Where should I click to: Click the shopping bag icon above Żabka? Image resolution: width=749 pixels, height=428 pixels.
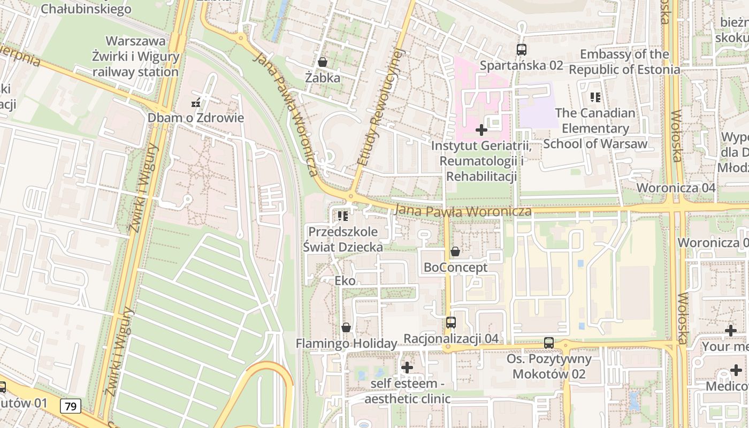[x=323, y=62]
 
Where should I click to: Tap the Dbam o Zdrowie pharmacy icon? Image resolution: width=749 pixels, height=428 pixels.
[x=196, y=103]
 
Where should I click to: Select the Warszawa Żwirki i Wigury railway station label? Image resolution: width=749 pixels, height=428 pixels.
[x=135, y=57]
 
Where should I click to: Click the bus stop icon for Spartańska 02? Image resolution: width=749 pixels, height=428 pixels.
[x=521, y=50]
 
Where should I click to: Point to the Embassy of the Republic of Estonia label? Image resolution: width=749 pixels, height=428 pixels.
[x=624, y=62]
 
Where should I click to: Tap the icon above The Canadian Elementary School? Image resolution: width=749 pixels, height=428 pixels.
[x=595, y=97]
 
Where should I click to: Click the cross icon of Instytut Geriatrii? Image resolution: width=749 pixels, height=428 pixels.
[x=481, y=130]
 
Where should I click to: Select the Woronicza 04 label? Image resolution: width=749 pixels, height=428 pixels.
[x=676, y=188]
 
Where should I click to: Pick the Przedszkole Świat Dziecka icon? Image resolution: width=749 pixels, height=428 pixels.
[x=343, y=216]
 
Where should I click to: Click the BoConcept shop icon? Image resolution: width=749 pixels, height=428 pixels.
[x=455, y=251]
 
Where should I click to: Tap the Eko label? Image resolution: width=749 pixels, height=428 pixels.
[x=345, y=281]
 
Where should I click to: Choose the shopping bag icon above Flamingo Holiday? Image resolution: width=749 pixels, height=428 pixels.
[x=346, y=327]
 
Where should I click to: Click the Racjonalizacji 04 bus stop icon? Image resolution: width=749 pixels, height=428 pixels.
[x=451, y=323]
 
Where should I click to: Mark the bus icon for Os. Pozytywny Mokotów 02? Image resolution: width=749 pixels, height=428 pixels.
[x=549, y=343]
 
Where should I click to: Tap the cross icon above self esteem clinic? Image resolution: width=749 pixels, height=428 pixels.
[x=407, y=368]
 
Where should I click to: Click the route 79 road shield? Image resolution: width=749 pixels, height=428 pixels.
[x=71, y=407]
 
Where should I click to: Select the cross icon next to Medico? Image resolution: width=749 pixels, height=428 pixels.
[x=736, y=370]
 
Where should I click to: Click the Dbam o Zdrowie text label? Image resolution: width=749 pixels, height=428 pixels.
[x=196, y=118]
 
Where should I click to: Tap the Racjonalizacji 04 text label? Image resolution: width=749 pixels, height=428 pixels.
[x=451, y=339]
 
